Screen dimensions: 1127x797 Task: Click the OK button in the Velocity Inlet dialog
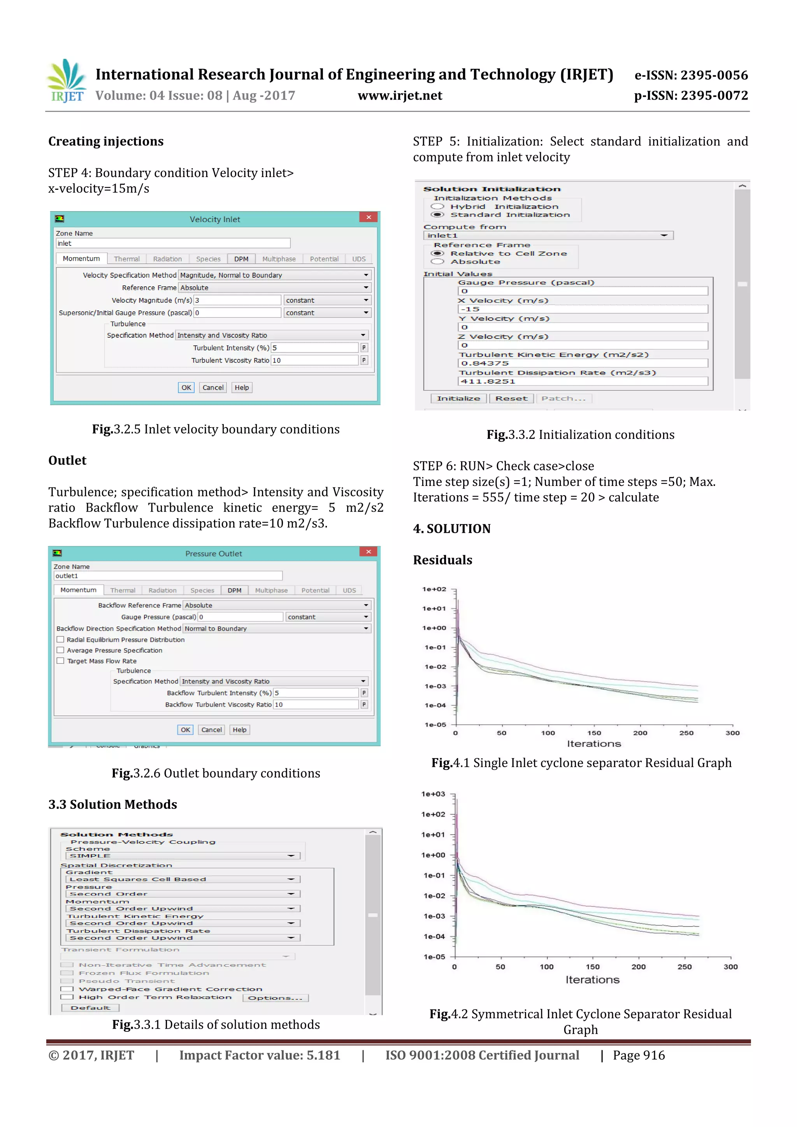pyautogui.click(x=186, y=387)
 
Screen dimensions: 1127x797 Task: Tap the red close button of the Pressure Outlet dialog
pyautogui.click(x=368, y=552)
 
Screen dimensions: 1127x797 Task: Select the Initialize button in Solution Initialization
pyautogui.click(x=458, y=399)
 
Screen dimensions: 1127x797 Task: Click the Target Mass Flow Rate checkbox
pyautogui.click(x=60, y=661)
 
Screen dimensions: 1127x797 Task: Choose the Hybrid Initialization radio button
pyautogui.click(x=437, y=207)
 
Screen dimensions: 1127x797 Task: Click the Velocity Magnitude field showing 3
pyautogui.click(x=237, y=300)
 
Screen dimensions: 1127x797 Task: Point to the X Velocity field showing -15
pyautogui.click(x=583, y=309)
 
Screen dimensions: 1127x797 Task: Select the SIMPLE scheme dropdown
pyautogui.click(x=182, y=855)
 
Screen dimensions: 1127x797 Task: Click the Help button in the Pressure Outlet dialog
pyautogui.click(x=240, y=730)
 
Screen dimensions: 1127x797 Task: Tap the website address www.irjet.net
pyautogui.click(x=400, y=96)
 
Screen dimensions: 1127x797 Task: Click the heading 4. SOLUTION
pyautogui.click(x=452, y=529)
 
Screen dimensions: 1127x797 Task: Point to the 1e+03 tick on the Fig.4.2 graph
pyautogui.click(x=434, y=794)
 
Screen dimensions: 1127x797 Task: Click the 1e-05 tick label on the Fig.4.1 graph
pyautogui.click(x=435, y=724)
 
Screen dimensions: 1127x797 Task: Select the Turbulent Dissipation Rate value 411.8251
pyautogui.click(x=583, y=381)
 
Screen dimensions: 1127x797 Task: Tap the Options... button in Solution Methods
pyautogui.click(x=275, y=998)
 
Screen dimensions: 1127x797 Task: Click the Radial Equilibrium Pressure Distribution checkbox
pyautogui.click(x=60, y=640)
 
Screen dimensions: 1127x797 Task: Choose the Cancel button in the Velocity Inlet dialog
pyautogui.click(x=212, y=387)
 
